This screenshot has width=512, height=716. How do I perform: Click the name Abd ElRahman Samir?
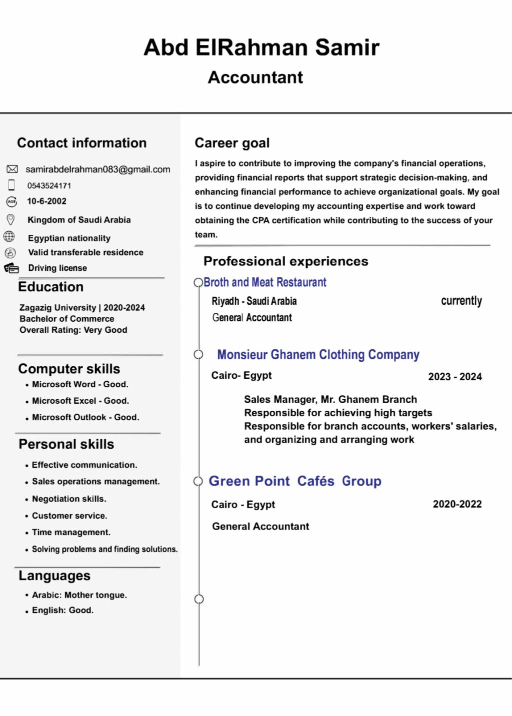[261, 47]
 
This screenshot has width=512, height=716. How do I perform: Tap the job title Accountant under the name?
[255, 77]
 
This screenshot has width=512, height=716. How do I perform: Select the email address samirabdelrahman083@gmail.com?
[98, 169]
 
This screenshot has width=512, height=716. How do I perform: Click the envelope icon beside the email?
[12, 169]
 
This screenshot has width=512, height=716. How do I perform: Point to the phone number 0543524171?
[49, 186]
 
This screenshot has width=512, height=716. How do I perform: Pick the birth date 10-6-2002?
[46, 201]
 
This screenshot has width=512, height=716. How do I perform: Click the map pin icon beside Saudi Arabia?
[10, 219]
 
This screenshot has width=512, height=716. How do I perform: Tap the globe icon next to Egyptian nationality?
[9, 236]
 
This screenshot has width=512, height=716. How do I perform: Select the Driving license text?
[57, 268]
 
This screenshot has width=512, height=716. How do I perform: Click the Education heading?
[50, 287]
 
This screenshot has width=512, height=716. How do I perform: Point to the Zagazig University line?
[82, 308]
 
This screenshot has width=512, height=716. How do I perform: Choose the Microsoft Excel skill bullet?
[80, 401]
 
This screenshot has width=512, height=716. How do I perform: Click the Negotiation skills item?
[69, 499]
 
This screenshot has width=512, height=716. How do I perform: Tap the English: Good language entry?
[62, 610]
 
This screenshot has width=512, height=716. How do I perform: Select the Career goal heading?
[232, 143]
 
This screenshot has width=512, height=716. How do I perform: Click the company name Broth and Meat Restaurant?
[265, 282]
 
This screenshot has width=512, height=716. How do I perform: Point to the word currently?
[461, 301]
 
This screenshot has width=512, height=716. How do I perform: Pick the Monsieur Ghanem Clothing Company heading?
[318, 355]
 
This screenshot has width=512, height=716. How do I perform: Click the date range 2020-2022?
[457, 504]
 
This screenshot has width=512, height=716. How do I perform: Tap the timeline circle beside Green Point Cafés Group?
[198, 481]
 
